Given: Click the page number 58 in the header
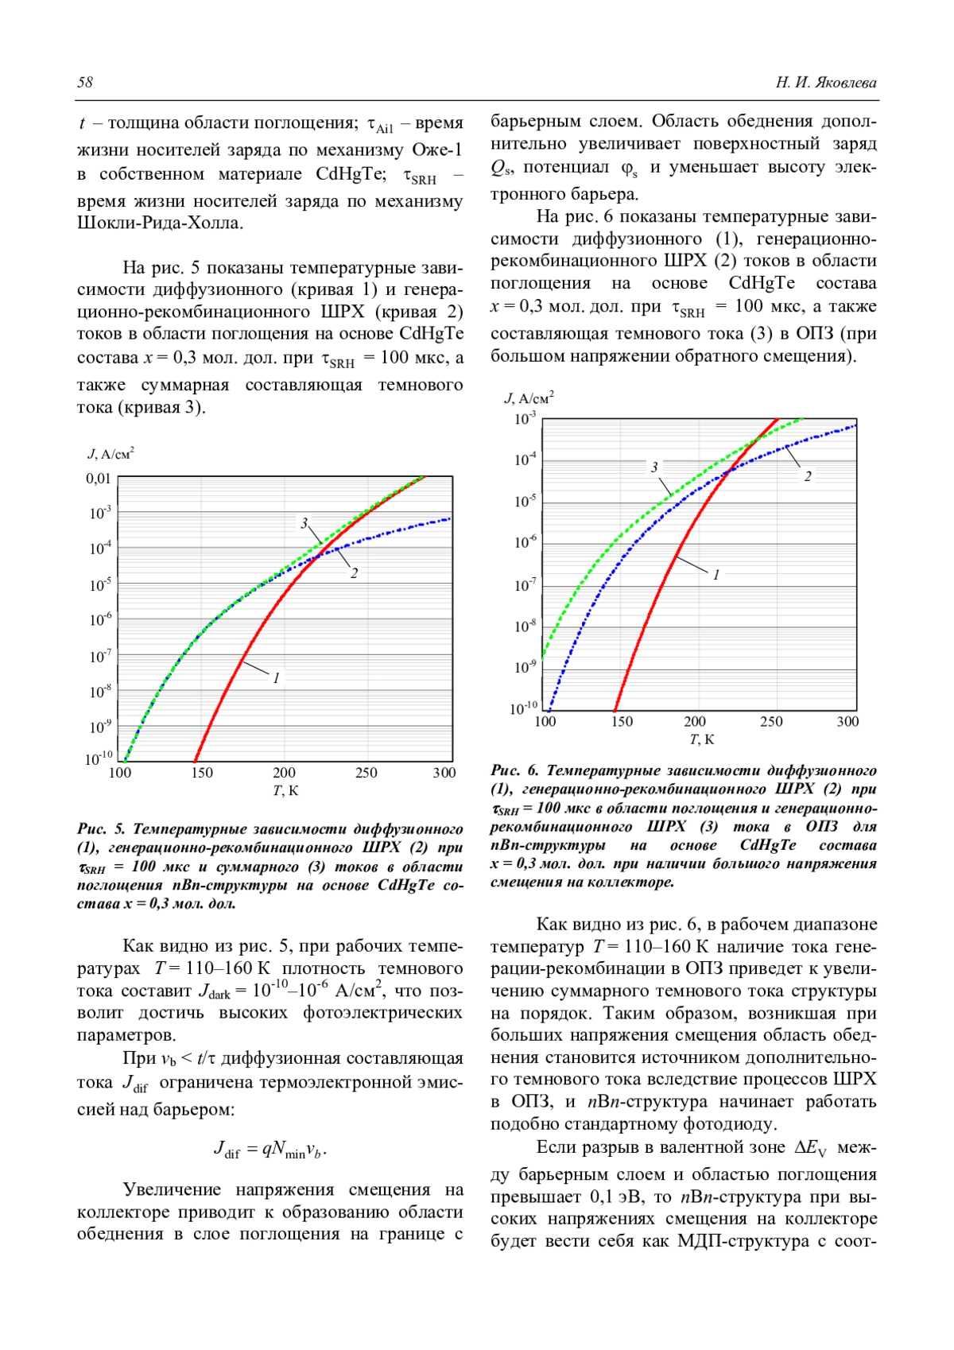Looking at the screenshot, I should [x=85, y=83].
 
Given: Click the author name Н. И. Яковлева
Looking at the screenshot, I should [x=826, y=83].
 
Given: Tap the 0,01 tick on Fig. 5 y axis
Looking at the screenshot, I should [x=99, y=479].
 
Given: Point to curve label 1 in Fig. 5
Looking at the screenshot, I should [x=276, y=678].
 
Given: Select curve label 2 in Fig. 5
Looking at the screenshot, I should [x=354, y=572].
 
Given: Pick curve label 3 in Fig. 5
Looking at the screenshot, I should [x=304, y=523].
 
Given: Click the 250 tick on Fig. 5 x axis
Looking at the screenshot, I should [x=366, y=773].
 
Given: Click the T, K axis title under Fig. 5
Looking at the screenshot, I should [x=285, y=790].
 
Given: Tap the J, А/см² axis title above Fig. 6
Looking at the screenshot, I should [x=529, y=398].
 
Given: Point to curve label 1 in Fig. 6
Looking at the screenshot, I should [x=716, y=574].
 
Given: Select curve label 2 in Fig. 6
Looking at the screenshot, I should [x=808, y=476].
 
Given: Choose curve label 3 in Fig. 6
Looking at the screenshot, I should [x=654, y=467].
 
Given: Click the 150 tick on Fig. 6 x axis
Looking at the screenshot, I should [x=622, y=722].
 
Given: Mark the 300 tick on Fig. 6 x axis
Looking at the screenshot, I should [x=847, y=722].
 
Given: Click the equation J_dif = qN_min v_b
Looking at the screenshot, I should [x=270, y=1150].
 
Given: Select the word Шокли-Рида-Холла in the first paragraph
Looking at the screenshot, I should [x=159, y=223].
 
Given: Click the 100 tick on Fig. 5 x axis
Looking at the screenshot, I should [x=119, y=773].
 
